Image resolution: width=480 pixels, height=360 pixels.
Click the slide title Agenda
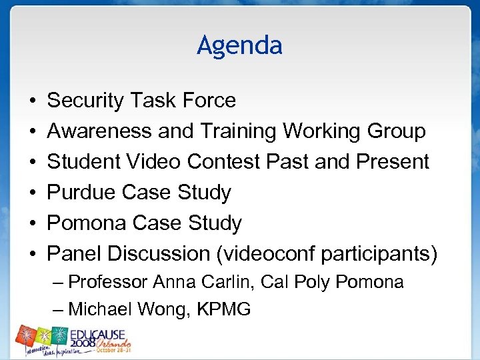click(x=239, y=45)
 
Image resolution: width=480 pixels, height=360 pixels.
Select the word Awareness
click(x=99, y=131)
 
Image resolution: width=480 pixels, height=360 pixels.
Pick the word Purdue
click(x=82, y=193)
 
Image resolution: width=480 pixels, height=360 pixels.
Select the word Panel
click(x=74, y=254)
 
